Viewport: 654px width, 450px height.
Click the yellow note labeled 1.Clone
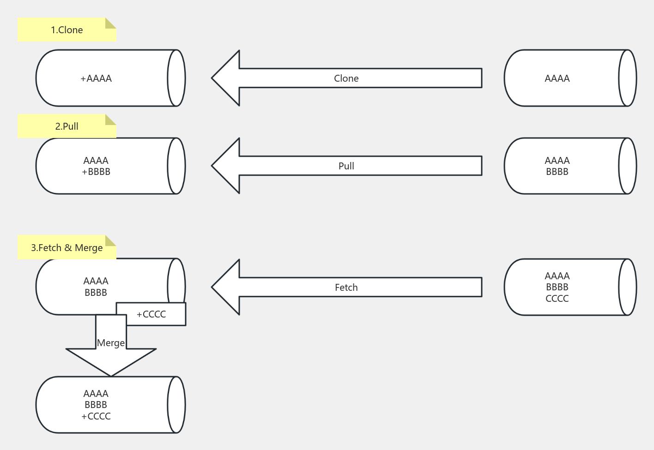[67, 30]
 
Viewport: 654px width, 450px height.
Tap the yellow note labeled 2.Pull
[67, 126]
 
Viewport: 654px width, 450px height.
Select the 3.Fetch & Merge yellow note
[67, 248]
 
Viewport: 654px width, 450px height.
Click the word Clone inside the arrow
[346, 78]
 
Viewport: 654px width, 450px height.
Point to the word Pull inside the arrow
[346, 166]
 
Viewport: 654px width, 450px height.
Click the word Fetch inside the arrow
[346, 288]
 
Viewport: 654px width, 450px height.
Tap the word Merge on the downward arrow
[111, 343]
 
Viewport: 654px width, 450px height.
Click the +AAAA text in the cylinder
[96, 78]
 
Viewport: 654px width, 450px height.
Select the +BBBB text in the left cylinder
[96, 172]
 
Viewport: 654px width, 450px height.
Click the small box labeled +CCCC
[151, 314]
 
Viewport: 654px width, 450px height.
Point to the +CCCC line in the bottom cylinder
[96, 416]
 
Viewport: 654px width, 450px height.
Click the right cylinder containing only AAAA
[570, 78]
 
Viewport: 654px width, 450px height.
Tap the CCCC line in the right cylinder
[557, 299]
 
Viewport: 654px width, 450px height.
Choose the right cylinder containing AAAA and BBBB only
[570, 166]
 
